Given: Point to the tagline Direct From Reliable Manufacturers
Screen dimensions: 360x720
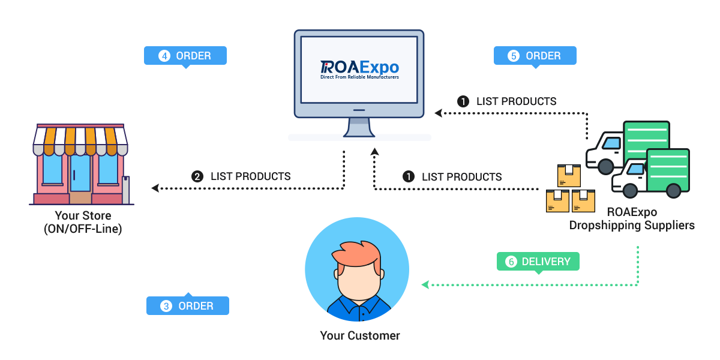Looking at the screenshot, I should coord(359,77).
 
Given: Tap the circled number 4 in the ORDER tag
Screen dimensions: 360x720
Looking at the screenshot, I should coord(164,56).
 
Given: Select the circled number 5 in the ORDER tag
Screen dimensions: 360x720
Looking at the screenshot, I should coord(513,56).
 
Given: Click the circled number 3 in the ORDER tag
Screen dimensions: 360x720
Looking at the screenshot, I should coord(166,306).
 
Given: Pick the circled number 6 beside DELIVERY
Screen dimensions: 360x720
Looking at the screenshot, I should coord(511,262).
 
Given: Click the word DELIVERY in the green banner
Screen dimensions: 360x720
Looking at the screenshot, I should coord(546,262).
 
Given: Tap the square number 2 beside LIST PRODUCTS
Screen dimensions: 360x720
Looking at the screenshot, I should coord(197,176).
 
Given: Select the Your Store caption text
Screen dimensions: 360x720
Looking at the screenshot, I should coord(83,215).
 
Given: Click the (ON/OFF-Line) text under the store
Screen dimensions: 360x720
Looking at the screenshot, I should coord(83,229).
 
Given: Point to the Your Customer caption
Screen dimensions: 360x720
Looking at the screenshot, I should coord(359,335).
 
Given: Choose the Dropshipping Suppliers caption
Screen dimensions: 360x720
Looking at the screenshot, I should coord(632,226).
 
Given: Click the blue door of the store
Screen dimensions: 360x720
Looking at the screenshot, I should coord(80,173).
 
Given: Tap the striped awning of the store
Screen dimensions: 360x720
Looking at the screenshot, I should coord(80,140).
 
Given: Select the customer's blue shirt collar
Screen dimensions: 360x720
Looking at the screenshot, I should coord(359,304).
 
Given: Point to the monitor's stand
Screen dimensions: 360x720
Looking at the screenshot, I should coord(359,127).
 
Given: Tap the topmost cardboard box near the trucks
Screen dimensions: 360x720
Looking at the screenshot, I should coord(569,176).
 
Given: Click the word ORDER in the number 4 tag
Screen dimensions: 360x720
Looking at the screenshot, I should coord(193,56).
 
